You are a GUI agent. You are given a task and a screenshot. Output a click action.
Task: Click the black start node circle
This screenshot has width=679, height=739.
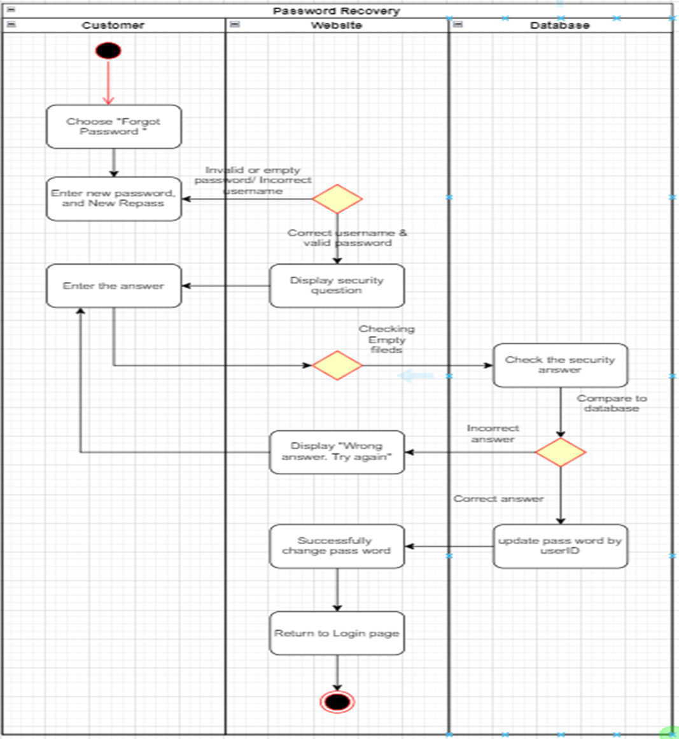coord(108,50)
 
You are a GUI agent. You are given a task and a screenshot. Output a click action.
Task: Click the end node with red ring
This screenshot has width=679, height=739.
coord(337,701)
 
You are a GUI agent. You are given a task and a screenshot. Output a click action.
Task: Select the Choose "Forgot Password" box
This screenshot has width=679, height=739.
coord(114,127)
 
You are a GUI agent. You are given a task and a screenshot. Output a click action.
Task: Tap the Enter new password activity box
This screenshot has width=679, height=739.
coord(114,199)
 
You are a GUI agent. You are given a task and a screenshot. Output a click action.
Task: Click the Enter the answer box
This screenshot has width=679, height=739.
coord(114,286)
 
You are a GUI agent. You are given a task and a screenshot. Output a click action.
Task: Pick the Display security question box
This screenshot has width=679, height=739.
coord(337,286)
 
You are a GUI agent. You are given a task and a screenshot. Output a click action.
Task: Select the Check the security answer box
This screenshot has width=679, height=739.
coord(560,365)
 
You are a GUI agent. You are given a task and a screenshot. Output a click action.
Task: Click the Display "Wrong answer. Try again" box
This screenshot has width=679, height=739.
coord(337,452)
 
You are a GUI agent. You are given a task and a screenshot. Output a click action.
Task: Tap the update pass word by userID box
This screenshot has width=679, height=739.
coord(560,546)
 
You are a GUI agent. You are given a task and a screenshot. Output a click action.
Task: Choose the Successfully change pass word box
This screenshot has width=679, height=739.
coord(337,546)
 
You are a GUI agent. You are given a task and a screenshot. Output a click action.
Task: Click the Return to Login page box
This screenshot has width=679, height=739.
coord(337,633)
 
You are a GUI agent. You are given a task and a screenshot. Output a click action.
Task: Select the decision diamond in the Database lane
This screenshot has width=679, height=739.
coord(560,453)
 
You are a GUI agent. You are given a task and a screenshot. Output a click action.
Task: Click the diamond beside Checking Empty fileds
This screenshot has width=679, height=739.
coord(337,365)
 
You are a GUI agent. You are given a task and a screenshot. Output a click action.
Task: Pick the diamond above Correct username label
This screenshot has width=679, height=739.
coord(337,199)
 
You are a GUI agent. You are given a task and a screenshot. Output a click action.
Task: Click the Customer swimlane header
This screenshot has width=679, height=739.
coord(113,25)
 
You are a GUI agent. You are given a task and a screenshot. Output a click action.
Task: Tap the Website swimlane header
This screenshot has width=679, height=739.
coord(337,25)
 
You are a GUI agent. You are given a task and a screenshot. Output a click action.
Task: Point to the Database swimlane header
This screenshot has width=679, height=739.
coord(560,25)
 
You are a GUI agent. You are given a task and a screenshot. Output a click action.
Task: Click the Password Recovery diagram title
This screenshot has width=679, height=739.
coord(337,11)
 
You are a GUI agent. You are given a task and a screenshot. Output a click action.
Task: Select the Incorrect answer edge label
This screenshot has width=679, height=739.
coord(493,433)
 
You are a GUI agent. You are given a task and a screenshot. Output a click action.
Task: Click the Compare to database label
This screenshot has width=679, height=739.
coord(612,403)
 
